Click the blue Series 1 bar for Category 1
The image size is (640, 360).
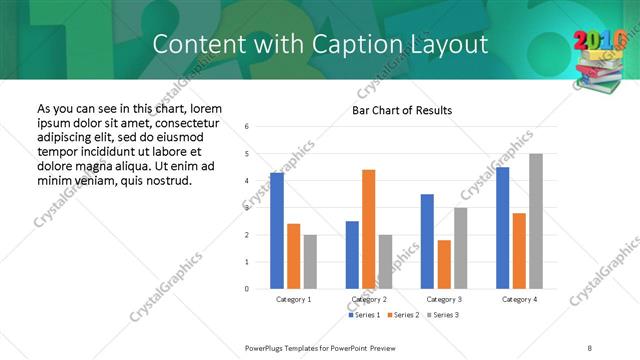[x=277, y=231]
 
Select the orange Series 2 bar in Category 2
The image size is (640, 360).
[x=369, y=229]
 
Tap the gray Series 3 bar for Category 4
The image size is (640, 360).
[x=536, y=221]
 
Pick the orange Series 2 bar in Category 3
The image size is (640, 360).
[x=444, y=264]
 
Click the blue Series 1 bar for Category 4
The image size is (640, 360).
[x=502, y=228]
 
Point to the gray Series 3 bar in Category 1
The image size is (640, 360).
[x=310, y=262]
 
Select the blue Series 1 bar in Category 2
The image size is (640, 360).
[x=352, y=255]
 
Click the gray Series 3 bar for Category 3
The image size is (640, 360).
[x=461, y=248]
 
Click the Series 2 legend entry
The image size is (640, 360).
[x=403, y=316]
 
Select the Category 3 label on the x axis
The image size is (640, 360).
[x=444, y=299]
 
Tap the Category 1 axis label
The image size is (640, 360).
[x=293, y=299]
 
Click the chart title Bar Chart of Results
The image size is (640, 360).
[x=403, y=110]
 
